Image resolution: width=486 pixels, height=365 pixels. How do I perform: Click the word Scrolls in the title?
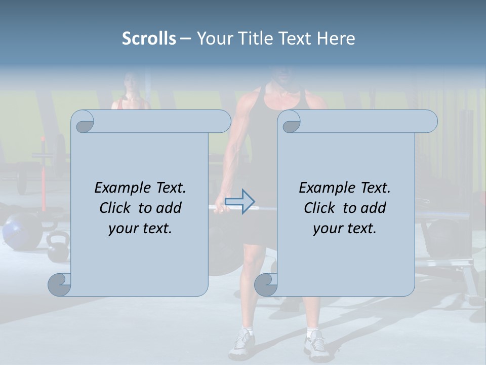tap(149, 39)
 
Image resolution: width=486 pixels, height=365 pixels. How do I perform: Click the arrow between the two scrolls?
tap(239, 201)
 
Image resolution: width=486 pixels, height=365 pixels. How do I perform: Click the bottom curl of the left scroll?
tap(60, 284)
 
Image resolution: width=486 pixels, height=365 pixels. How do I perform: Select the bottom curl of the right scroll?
tap(266, 284)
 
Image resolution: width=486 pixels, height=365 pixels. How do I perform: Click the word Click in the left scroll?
tap(116, 208)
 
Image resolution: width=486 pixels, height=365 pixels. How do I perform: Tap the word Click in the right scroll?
tap(319, 208)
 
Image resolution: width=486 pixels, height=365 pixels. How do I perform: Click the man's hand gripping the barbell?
tap(219, 206)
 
